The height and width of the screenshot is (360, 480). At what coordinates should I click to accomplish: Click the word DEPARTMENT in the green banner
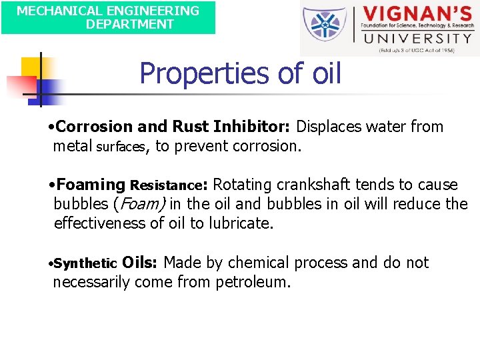point(129,25)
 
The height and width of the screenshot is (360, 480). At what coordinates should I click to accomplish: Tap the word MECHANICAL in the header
point(55,11)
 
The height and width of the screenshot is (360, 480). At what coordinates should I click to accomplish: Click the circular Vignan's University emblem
point(325,29)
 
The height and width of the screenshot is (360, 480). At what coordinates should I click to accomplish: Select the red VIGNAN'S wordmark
point(417,15)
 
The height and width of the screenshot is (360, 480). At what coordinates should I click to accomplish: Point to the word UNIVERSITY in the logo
point(416,38)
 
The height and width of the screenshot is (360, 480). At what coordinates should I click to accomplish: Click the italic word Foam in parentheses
point(142,204)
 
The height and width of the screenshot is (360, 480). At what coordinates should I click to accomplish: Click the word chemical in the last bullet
point(252,263)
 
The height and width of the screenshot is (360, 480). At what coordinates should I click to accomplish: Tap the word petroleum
point(253,282)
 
